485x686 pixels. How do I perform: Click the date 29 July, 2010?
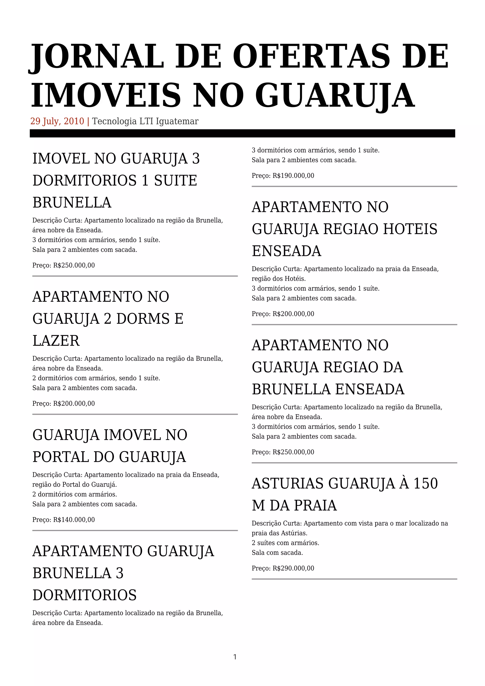57,121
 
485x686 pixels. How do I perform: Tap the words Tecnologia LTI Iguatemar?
145,121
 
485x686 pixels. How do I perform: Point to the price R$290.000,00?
293,568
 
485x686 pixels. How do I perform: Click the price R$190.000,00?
293,176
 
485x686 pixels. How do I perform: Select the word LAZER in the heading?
56,341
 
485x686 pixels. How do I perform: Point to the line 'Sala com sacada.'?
277,552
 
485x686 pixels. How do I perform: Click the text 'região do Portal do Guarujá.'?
75,484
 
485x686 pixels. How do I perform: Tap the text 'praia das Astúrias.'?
279,533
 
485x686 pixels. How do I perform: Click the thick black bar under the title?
242,133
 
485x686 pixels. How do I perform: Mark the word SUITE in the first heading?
176,181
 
